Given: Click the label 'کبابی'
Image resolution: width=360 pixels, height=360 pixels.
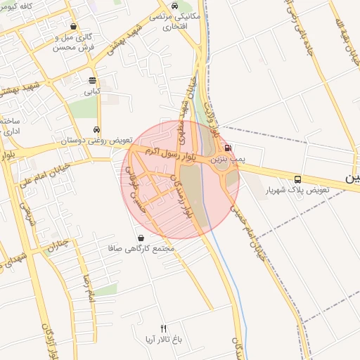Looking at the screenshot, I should [x=93, y=91].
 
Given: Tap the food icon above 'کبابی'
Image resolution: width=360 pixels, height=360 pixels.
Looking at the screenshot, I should [x=93, y=80].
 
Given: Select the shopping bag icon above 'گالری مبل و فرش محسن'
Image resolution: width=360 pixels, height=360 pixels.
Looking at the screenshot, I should [x=73, y=27].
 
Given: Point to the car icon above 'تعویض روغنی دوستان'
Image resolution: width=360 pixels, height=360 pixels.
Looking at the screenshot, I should [x=96, y=130].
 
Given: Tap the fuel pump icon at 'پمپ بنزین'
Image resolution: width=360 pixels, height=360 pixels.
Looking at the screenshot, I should [x=228, y=148].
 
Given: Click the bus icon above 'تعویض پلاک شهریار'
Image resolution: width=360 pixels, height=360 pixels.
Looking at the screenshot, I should [x=298, y=179].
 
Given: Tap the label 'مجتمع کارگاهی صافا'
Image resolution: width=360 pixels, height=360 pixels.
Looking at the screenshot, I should [x=141, y=249].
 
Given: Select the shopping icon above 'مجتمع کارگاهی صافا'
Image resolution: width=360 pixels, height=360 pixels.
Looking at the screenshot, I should [x=142, y=238].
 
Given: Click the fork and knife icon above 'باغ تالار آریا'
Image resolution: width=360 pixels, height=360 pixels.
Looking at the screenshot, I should [x=164, y=328].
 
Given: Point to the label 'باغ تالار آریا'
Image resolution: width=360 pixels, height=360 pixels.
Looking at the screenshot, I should [x=165, y=339].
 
